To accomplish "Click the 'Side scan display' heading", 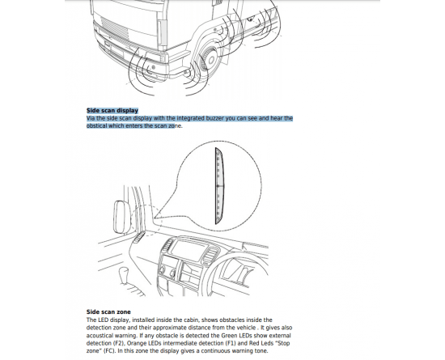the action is [x=112, y=110].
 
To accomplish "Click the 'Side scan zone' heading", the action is [x=108, y=311].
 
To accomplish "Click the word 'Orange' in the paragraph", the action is [x=136, y=343].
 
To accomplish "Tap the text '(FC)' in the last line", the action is [x=110, y=351].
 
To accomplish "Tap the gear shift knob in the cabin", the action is [x=123, y=273].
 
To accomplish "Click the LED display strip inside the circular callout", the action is [x=219, y=186].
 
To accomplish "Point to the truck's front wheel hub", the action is [x=211, y=60].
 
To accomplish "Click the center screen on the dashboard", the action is [x=189, y=249].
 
